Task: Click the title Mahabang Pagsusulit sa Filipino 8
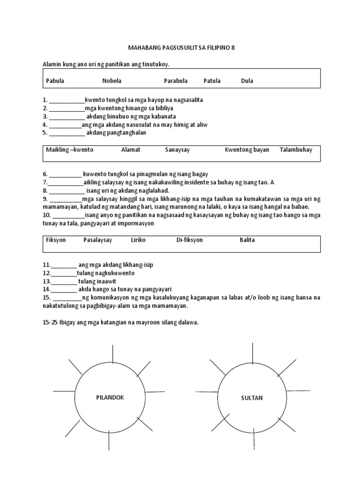pyautogui.click(x=181, y=48)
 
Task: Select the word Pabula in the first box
pyautogui.click(x=55, y=81)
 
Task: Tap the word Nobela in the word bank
pyautogui.click(x=112, y=81)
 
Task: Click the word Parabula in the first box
pyautogui.click(x=176, y=81)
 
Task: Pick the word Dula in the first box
pyautogui.click(x=247, y=81)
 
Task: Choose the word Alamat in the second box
pyautogui.click(x=131, y=150)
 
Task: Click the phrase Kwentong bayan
pyautogui.click(x=247, y=150)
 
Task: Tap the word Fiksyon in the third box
pyautogui.click(x=56, y=240)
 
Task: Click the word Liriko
pyautogui.click(x=138, y=240)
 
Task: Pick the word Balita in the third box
pyautogui.click(x=247, y=240)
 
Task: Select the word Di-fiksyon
pyautogui.click(x=190, y=240)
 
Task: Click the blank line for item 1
pyautogui.click(x=67, y=101)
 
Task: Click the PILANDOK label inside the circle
pyautogui.click(x=110, y=398)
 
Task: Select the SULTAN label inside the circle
pyautogui.click(x=251, y=398)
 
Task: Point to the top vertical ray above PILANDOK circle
pyautogui.click(x=112, y=355)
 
